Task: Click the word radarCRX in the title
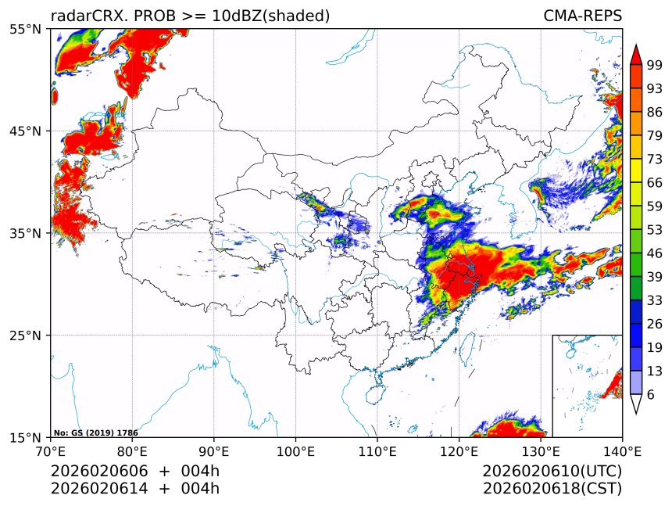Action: [x=86, y=16]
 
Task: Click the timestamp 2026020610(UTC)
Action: [x=552, y=472]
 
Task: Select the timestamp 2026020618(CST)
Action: [x=552, y=489]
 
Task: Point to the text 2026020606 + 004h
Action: [x=135, y=472]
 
